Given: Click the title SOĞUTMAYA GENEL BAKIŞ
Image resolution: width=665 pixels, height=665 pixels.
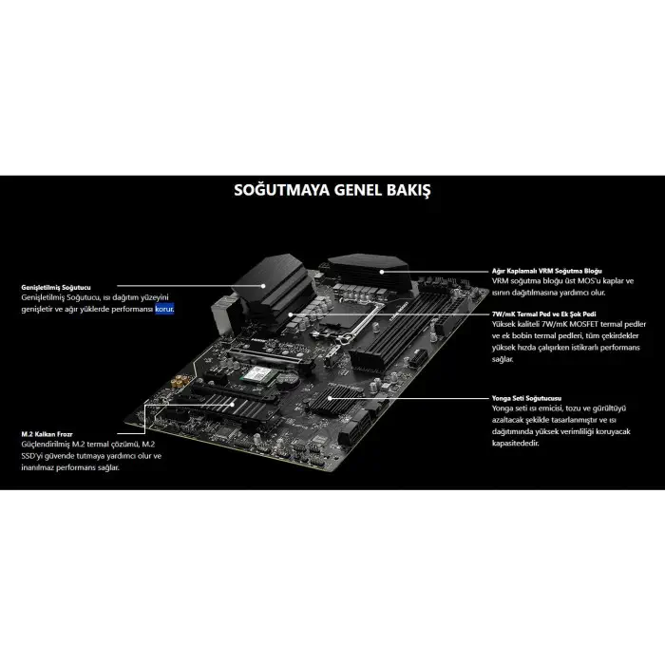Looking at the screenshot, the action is click(x=332, y=190).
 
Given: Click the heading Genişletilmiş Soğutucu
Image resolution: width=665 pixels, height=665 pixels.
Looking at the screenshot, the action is click(x=56, y=288).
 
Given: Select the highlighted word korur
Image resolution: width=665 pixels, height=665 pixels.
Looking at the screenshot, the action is click(x=164, y=309).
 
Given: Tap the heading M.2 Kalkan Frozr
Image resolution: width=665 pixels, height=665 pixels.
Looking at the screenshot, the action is click(x=47, y=434).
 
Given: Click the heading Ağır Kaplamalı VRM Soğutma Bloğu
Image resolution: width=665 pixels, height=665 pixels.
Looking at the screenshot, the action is click(x=546, y=271).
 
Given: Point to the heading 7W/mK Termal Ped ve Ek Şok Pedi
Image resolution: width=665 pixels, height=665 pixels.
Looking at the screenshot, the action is click(x=543, y=314).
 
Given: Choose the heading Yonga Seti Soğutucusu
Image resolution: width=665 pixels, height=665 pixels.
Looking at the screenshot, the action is click(x=526, y=398).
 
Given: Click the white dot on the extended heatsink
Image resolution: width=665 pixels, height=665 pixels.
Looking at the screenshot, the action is click(x=263, y=286).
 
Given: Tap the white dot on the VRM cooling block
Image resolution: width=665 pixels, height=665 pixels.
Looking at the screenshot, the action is click(x=382, y=272).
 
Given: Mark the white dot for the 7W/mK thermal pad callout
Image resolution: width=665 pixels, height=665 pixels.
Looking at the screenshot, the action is click(x=291, y=314).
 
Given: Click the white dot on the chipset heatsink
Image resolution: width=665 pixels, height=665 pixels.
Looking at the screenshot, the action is click(x=330, y=398).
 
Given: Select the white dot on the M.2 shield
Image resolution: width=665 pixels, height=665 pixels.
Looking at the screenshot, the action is click(x=233, y=404).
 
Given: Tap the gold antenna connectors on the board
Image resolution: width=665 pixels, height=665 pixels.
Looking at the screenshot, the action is click(x=180, y=381).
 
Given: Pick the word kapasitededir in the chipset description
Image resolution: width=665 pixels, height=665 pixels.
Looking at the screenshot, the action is click(x=515, y=444).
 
